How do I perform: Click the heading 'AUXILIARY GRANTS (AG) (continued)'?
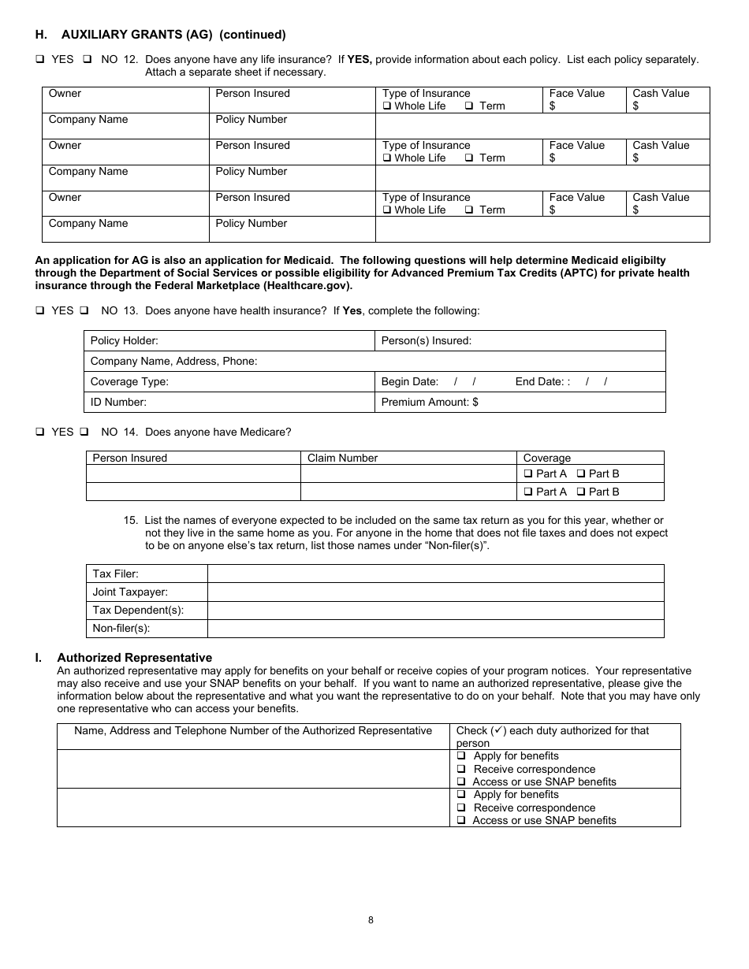point(173,35)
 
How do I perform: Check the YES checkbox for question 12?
point(39,59)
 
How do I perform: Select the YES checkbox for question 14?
point(39,432)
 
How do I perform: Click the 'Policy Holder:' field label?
point(125,340)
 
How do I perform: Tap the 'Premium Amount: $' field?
point(430,402)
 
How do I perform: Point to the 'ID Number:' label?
point(118,402)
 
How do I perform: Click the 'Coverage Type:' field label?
point(129,381)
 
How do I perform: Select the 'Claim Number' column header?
point(342,458)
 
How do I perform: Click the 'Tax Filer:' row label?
point(115,574)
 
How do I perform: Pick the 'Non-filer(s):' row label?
point(121,628)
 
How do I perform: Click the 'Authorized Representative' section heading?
point(134,657)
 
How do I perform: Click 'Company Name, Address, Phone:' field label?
point(174,361)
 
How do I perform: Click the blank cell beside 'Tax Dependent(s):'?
point(435,610)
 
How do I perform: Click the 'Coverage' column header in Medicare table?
point(546,458)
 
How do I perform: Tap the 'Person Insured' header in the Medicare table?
point(130,458)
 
